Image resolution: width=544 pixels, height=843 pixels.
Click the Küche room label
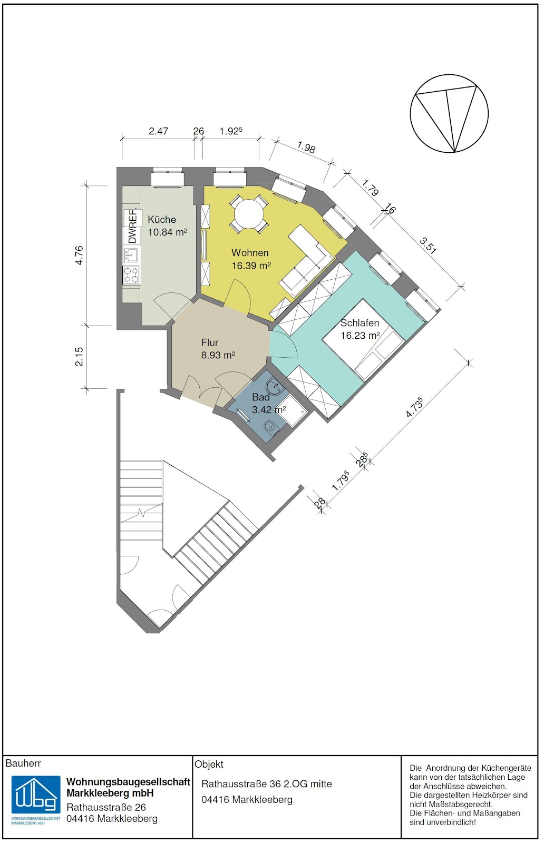pyautogui.click(x=161, y=219)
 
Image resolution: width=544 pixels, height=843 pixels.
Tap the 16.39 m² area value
pyautogui.click(x=251, y=266)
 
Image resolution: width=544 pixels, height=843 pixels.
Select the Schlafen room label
pyautogui.click(x=360, y=323)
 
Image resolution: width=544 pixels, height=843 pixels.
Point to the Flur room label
pyautogui.click(x=210, y=342)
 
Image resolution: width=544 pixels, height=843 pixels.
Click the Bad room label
pyautogui.click(x=261, y=397)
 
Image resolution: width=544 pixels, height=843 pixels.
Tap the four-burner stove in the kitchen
pyautogui.click(x=131, y=275)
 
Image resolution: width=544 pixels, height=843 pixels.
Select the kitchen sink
pyautogui.click(x=131, y=255)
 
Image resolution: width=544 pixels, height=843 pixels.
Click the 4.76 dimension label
pyautogui.click(x=79, y=255)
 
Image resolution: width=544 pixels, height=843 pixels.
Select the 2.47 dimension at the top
pyautogui.click(x=158, y=131)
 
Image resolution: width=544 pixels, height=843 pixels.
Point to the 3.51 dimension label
pyautogui.click(x=428, y=244)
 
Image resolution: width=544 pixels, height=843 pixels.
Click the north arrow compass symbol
pyautogui.click(x=449, y=113)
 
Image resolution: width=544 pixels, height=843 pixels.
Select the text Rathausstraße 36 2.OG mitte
pyautogui.click(x=267, y=784)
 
